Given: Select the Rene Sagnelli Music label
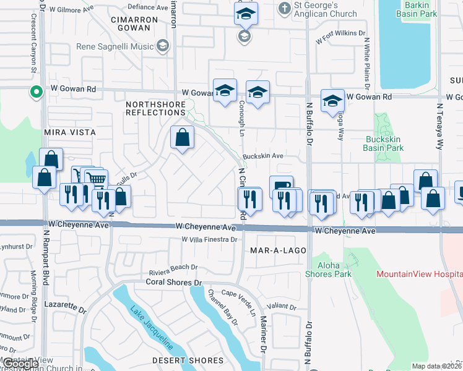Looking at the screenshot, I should click(x=115, y=46).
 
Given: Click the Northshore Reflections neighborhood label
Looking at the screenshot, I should click(x=155, y=109).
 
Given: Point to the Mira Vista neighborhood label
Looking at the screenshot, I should click(x=70, y=132).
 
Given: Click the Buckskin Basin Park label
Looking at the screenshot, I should click(x=385, y=143).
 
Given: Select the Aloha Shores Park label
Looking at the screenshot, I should click(x=329, y=270).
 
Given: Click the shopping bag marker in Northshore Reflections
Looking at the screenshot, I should click(x=183, y=139).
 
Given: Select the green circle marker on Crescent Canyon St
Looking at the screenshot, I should click(x=37, y=93).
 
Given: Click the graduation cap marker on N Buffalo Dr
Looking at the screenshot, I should click(x=332, y=101).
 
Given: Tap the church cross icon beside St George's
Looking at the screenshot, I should click(x=284, y=9).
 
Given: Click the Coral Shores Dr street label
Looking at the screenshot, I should click(x=174, y=282).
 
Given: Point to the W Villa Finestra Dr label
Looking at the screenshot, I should click(x=209, y=239).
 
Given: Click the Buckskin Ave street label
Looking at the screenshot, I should click(x=262, y=156).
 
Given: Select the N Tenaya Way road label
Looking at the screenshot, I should click(x=440, y=126).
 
